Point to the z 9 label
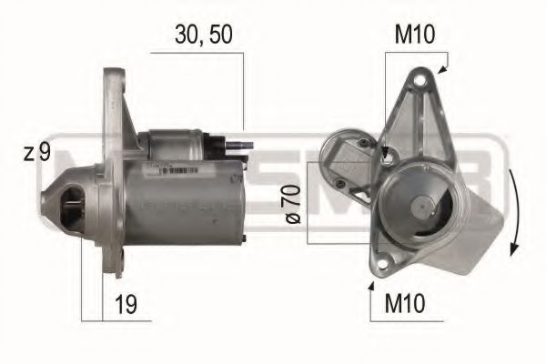[x=36, y=153]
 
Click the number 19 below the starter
[x=127, y=303]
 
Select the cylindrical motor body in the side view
[x=182, y=200]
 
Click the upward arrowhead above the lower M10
[x=370, y=286]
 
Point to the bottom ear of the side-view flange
[x=116, y=264]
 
